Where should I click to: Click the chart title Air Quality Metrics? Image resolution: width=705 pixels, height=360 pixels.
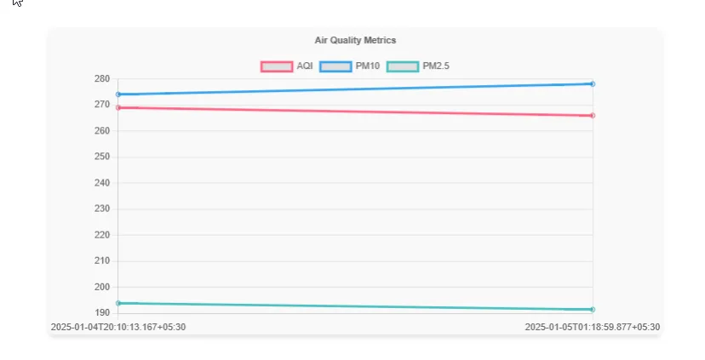point(355,40)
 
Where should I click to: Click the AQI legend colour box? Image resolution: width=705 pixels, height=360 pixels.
point(277,66)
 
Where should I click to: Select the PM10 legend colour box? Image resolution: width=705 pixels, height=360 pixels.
point(335,66)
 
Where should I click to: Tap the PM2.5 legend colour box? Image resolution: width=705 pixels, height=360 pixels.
point(403,66)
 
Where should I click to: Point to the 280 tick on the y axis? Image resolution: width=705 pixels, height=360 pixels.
point(102,79)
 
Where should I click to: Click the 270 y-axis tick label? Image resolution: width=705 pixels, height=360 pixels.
point(102,105)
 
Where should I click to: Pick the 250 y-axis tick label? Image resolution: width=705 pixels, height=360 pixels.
point(102,157)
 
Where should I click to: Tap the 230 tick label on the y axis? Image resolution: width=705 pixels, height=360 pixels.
point(102,209)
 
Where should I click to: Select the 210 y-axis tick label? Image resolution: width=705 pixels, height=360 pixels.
point(102,261)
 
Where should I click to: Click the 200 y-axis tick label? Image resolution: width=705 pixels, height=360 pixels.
point(102,288)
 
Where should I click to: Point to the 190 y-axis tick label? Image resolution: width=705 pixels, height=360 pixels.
point(102,313)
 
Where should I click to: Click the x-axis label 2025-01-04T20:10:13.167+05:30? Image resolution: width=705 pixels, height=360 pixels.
point(118,327)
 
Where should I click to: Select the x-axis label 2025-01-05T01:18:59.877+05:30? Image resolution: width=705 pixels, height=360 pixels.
point(592,327)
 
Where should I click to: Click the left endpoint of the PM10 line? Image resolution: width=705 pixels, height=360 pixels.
point(118,94)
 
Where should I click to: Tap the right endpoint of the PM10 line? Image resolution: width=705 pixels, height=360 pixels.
point(592,83)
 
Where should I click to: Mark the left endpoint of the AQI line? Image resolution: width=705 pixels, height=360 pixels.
point(118,107)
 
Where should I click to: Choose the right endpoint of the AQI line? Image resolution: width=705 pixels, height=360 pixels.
point(592,116)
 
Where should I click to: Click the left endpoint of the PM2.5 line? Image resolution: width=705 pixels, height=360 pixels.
point(118,303)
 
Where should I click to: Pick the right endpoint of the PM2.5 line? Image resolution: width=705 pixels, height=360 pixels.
point(592,310)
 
